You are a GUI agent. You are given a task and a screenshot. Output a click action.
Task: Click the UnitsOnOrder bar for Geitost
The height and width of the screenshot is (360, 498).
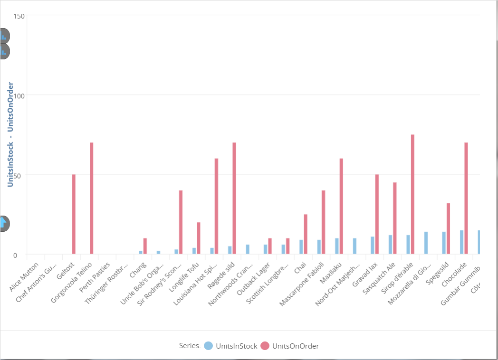74,214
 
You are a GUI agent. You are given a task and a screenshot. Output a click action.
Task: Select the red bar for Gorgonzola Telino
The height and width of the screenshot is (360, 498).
92,198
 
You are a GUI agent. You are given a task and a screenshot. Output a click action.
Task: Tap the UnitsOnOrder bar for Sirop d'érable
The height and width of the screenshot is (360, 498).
412,194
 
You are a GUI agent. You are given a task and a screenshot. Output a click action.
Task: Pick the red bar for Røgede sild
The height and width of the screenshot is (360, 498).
234,198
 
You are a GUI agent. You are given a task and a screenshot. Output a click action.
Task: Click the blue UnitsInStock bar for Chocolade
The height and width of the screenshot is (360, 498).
461,242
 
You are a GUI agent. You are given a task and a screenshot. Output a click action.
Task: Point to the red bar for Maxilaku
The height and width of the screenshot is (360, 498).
341,206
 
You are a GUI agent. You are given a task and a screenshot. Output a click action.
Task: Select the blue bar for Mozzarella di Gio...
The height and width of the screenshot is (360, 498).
426,243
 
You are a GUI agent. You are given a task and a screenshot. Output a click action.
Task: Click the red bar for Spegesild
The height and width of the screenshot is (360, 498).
448,228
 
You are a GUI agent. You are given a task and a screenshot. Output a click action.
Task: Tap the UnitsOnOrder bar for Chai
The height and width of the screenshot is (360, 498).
306,234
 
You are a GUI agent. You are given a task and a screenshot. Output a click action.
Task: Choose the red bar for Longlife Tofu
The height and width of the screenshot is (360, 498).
199,238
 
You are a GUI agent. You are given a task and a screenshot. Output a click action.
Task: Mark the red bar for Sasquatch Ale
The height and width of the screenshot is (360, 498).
395,218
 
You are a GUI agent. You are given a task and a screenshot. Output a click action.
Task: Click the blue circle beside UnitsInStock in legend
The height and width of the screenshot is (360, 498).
208,346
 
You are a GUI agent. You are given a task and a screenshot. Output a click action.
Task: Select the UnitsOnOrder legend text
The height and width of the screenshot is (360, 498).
295,346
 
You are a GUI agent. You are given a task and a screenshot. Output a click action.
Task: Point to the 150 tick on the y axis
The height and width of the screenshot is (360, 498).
19,16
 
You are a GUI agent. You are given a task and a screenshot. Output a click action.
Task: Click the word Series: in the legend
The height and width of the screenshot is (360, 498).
190,346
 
